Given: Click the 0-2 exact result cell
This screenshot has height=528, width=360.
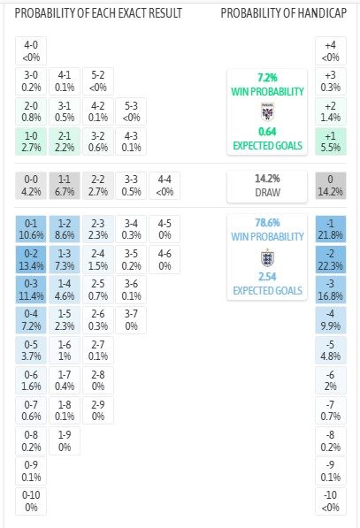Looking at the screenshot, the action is [31, 259].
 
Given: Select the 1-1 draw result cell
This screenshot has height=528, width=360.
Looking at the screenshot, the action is [65, 185].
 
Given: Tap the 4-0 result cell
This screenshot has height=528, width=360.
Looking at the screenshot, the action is [31, 50].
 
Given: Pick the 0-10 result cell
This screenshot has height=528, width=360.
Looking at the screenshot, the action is [31, 501].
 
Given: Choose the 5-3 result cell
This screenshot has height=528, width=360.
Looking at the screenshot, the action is [131, 111].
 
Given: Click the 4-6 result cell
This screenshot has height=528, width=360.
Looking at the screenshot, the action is [165, 259].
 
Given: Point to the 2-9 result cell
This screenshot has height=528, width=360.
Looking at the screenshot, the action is [97, 410].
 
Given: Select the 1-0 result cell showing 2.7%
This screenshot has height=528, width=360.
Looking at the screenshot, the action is [31, 142].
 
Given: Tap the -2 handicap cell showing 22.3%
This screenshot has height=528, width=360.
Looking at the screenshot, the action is [330, 259].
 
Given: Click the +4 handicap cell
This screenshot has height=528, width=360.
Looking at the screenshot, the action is [330, 50].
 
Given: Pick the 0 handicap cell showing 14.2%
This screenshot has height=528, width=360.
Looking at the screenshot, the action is [330, 185].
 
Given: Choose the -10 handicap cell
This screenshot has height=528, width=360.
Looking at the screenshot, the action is [330, 501].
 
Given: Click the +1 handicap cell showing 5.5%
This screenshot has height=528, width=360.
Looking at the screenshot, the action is [330, 142].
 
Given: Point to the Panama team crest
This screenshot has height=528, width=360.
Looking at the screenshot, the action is [267, 111].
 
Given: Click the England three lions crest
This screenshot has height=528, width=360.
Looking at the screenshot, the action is [267, 257].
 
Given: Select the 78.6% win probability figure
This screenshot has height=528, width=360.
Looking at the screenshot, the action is [267, 223].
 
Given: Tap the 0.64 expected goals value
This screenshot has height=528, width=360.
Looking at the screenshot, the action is [267, 131].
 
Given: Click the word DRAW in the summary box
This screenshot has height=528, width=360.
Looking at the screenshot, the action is [267, 192].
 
